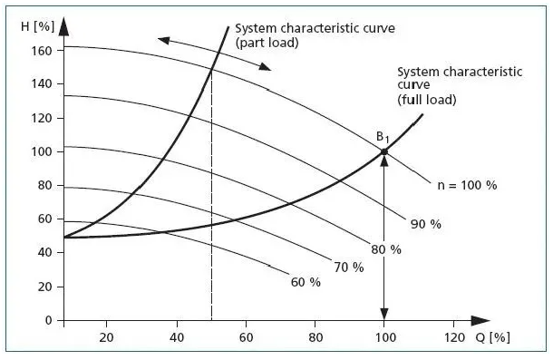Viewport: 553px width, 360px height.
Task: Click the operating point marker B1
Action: (383, 151)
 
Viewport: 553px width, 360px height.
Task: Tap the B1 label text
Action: (383, 137)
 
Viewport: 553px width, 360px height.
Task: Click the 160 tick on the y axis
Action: (41, 50)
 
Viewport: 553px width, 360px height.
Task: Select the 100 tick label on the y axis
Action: (41, 151)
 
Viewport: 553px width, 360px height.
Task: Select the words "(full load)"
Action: (427, 99)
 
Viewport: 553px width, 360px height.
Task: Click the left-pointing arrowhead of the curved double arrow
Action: (162, 39)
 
